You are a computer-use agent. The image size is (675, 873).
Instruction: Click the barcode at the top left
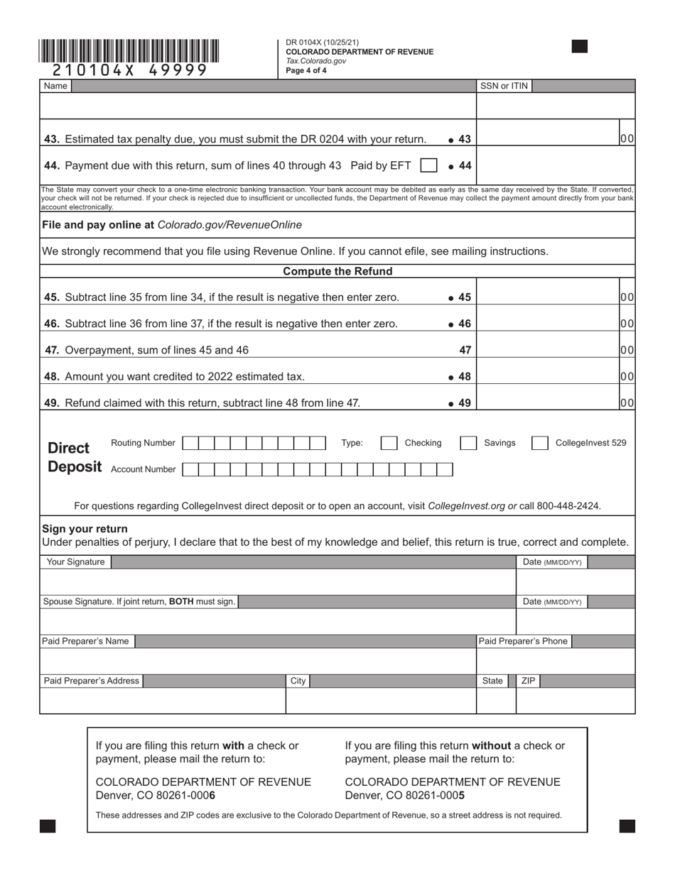pos(129,51)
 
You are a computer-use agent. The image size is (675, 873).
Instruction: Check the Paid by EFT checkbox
pos(428,165)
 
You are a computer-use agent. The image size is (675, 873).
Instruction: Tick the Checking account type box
pos(389,444)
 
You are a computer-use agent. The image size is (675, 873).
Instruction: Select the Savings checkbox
pos(468,444)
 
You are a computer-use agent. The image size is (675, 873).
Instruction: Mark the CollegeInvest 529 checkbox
pos(540,444)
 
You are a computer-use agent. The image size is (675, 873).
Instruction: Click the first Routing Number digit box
pos(190,444)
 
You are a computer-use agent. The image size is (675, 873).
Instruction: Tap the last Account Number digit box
pos(445,470)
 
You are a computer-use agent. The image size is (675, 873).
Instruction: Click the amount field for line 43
pos(547,139)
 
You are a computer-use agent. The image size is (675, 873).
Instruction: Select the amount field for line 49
pos(547,402)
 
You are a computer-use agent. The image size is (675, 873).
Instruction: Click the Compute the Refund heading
pos(337,272)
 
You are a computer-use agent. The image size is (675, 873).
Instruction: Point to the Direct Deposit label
pos(74,457)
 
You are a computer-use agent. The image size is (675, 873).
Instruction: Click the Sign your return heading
pos(85,529)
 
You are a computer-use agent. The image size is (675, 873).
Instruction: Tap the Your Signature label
pos(75,562)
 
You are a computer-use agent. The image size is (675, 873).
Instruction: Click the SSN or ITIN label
pos(504,86)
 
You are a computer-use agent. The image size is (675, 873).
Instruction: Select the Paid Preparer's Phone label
pos(523,642)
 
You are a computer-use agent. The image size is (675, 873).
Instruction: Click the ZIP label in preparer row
pos(529,681)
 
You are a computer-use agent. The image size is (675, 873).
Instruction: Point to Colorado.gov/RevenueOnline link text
pos(229,225)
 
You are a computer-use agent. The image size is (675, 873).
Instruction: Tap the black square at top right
pos(580,47)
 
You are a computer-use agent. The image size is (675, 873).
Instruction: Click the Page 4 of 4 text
pos(306,71)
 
